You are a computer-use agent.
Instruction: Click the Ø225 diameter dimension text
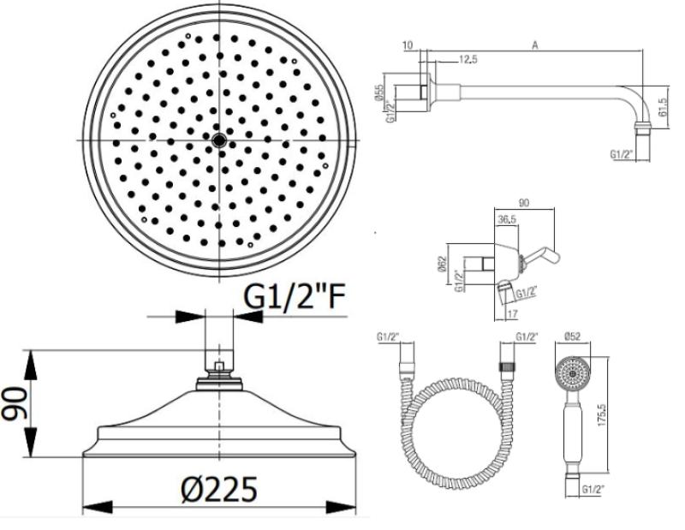coord(219,490)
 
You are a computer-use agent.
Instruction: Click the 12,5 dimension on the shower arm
coord(467,58)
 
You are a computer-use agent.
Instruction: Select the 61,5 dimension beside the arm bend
coord(662,108)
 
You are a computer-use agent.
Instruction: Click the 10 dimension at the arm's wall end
coord(406,45)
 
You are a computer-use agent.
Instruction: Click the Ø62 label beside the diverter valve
coord(440,264)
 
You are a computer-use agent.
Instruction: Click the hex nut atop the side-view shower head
coord(220,374)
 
